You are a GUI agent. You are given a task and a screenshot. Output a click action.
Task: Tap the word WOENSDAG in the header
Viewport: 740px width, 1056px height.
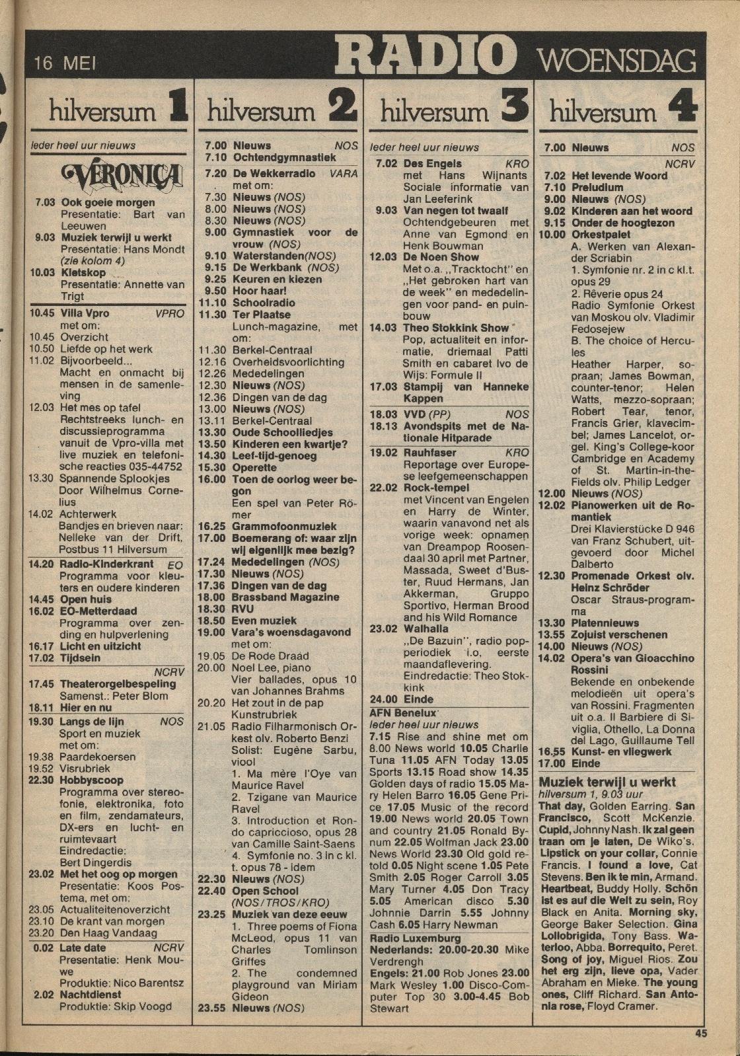618,61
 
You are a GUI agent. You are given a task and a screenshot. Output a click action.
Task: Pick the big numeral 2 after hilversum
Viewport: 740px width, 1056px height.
344,108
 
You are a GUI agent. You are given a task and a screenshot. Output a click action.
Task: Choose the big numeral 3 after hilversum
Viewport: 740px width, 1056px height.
514,108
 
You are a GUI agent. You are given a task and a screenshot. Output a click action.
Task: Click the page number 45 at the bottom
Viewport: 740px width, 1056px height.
701,1033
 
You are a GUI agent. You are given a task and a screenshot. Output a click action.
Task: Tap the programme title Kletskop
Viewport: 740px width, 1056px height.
83,273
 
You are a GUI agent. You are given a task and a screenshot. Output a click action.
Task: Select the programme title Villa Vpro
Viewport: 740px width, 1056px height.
85,313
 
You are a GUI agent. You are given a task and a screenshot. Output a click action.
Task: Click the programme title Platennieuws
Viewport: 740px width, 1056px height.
605,622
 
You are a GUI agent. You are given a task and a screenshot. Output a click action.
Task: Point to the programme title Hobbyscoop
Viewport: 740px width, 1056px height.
91,780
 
